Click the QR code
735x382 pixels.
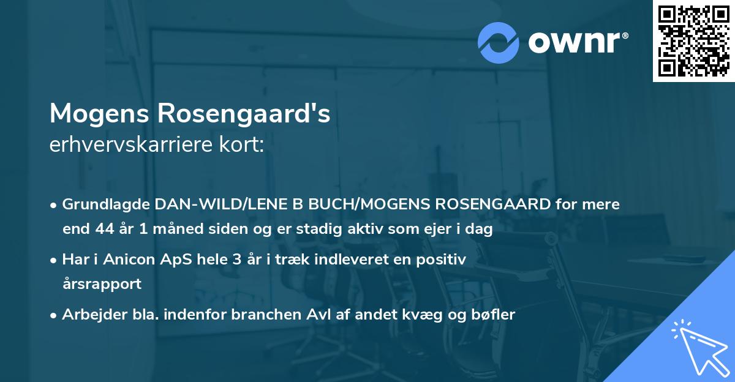[x=693, y=41]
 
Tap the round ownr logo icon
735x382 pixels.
[x=499, y=42]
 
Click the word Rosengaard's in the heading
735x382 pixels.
[x=244, y=114]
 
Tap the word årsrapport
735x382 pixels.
[x=102, y=284]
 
